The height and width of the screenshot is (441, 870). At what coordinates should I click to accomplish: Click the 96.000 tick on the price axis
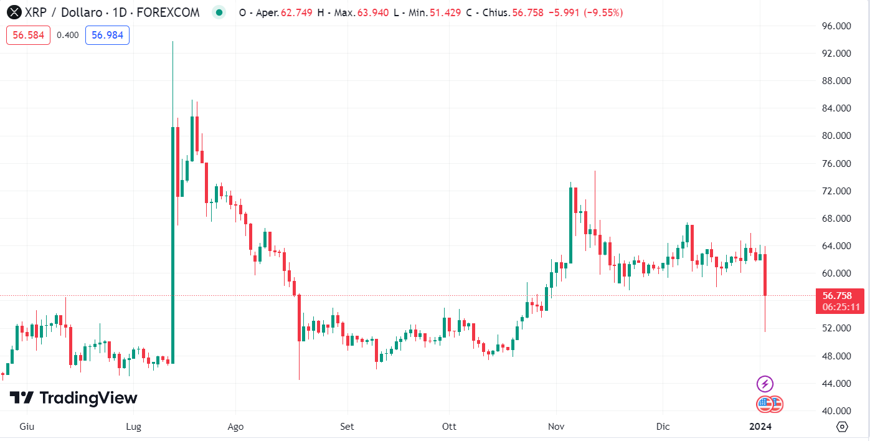click(x=836, y=26)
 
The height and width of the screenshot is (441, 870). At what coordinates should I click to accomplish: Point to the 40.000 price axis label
click(x=836, y=411)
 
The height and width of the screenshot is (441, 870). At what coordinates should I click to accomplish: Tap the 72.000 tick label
click(x=836, y=191)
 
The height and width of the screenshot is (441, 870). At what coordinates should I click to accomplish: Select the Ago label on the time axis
click(x=235, y=427)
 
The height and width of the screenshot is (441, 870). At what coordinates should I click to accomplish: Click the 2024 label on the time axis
click(x=760, y=427)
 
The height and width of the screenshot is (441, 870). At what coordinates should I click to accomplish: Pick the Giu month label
click(x=27, y=427)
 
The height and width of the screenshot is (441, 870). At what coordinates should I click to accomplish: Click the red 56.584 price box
click(x=29, y=35)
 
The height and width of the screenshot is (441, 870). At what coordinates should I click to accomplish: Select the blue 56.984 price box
click(x=107, y=35)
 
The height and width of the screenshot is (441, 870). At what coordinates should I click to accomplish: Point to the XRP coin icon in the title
click(x=13, y=12)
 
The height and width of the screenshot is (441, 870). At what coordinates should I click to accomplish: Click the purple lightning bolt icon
click(x=765, y=384)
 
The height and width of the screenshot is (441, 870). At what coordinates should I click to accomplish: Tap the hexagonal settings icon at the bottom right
click(x=842, y=427)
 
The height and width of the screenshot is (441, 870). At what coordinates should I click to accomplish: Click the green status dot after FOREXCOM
click(x=218, y=12)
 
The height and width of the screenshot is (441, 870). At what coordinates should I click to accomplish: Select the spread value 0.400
click(x=68, y=35)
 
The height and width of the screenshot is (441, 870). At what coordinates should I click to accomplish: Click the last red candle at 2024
click(x=765, y=275)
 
